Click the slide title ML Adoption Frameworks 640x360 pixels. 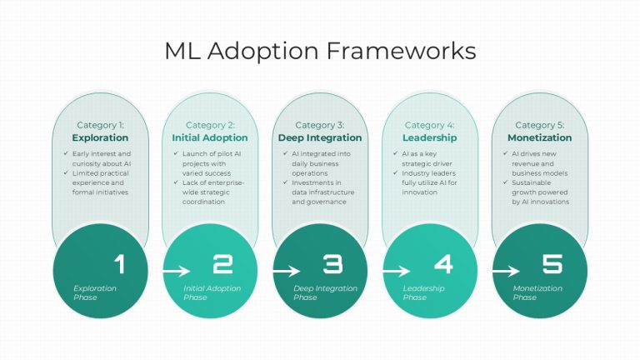coord(320,52)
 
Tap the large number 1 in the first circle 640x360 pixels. coord(120,264)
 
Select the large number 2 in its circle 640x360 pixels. coord(222,264)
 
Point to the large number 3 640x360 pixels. coord(332,264)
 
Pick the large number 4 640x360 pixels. coord(443,264)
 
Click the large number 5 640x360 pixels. coord(552,264)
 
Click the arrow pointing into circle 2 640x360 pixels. coord(177,271)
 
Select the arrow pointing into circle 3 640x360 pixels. coord(287,271)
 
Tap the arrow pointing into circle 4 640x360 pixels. coord(397,271)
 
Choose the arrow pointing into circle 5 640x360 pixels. coord(506,271)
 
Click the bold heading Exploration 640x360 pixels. coord(100,138)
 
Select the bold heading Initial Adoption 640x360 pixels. coord(210,138)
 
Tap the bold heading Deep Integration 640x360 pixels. coord(320,138)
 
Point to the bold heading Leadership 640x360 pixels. coord(430,138)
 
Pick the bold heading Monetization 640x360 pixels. coord(540,138)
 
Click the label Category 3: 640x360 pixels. coord(320,125)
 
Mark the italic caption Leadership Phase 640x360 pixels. coord(423,292)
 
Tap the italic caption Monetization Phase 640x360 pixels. coord(537,292)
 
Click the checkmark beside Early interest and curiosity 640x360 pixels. coord(66,153)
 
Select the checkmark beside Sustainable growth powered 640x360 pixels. coord(505,182)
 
